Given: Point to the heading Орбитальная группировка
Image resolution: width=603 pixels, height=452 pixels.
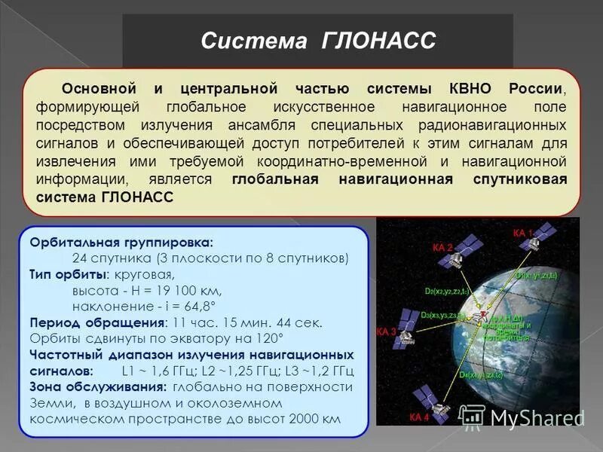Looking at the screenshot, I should point(121,243).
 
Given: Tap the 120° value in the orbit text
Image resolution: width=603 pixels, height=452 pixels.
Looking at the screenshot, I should point(269,338).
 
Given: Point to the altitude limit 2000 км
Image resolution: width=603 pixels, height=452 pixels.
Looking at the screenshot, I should point(313,419).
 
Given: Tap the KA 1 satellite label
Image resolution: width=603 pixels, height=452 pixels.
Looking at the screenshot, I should point(522,233).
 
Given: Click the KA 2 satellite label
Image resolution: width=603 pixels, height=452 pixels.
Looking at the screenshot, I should point(442,246).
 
